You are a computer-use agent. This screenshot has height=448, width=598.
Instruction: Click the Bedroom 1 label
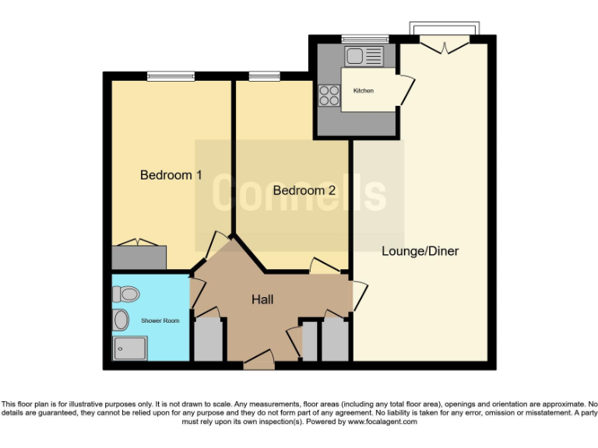click(x=171, y=175)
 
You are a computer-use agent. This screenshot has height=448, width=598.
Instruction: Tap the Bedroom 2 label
click(x=304, y=191)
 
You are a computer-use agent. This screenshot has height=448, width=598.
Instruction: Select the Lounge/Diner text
click(x=420, y=251)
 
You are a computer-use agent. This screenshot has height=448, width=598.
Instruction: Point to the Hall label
click(x=262, y=299)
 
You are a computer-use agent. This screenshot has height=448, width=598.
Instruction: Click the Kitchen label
click(x=363, y=91)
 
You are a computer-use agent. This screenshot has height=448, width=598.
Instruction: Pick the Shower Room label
click(x=160, y=320)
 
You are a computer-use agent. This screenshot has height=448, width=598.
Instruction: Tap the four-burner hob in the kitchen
click(x=329, y=95)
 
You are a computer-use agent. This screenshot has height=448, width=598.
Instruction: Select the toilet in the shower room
click(x=125, y=294)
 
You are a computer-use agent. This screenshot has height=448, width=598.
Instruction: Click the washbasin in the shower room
click(x=121, y=320)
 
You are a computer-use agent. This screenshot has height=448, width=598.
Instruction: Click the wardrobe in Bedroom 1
click(x=139, y=257)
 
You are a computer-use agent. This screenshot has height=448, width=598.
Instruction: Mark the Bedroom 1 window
click(x=171, y=75)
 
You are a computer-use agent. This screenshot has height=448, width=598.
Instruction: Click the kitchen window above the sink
click(x=364, y=39)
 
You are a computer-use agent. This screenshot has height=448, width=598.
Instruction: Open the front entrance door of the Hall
click(x=259, y=361)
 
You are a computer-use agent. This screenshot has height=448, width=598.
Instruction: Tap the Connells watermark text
click(x=300, y=191)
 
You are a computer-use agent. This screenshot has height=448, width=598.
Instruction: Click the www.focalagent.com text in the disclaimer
click(x=382, y=422)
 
